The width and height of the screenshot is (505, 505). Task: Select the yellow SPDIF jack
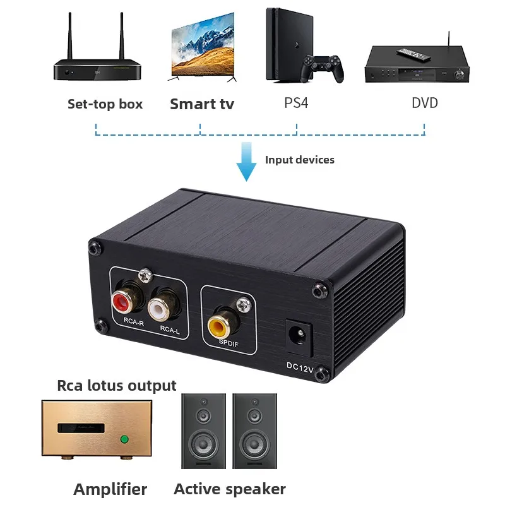[x=220, y=326]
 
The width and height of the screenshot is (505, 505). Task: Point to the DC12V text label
[x=300, y=367]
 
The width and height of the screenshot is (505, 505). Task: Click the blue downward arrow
[x=246, y=162]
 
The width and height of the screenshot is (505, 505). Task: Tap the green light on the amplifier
[x=124, y=439]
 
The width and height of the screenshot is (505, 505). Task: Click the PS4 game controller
[x=322, y=68]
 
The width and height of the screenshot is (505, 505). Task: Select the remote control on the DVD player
[x=413, y=54]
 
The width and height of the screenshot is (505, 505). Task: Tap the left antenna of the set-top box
[x=70, y=35]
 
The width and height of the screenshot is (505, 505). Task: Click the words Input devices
[x=299, y=160]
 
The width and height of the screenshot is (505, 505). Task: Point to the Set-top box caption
[x=105, y=104]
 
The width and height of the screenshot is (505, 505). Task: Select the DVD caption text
[x=425, y=103]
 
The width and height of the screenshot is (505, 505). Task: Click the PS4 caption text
[x=296, y=103]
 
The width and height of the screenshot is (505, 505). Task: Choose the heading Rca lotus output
[x=117, y=386]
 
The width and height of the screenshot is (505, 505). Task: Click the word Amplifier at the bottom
[x=110, y=489]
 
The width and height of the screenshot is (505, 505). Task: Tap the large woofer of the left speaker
[x=203, y=445]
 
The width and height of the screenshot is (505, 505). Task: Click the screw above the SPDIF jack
[x=244, y=305]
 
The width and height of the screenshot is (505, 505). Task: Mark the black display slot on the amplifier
[x=81, y=428]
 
